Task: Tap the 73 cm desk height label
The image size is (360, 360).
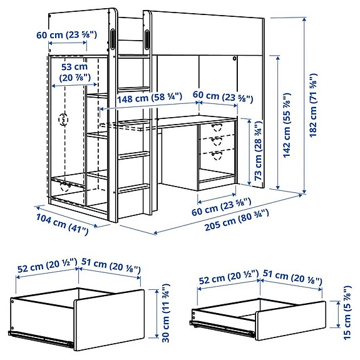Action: click(257, 151)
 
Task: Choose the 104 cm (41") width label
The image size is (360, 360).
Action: click(60, 223)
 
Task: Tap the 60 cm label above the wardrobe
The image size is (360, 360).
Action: click(67, 35)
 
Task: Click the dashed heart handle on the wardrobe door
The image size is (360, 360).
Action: click(63, 119)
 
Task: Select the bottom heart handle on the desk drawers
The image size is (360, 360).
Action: click(217, 154)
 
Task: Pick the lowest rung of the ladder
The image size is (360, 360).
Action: click(135, 188)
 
